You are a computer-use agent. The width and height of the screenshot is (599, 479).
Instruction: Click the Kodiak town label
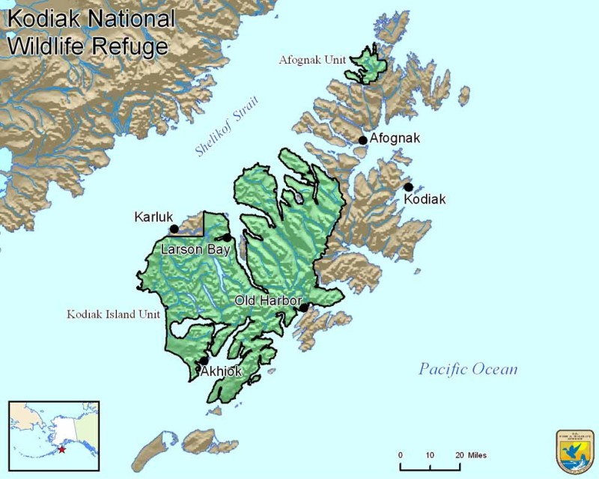click(425, 200)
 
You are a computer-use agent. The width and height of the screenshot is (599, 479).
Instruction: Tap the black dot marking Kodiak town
click(408, 187)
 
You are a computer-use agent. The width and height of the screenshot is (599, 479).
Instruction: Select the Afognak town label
click(395, 138)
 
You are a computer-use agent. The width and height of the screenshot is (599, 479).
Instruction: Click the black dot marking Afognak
click(362, 140)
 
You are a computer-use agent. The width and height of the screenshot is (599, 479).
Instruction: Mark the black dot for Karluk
click(174, 229)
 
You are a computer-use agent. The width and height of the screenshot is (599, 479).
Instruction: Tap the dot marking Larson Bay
click(227, 238)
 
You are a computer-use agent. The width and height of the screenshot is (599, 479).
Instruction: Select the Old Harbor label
click(268, 300)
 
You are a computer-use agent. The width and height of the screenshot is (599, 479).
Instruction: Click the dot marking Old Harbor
click(304, 307)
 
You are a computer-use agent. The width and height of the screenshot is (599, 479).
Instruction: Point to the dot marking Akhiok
click(204, 361)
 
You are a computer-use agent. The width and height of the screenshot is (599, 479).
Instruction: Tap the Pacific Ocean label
click(468, 369)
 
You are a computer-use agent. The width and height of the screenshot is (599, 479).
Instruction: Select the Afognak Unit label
click(311, 58)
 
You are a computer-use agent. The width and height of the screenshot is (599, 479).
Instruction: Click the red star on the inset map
click(62, 450)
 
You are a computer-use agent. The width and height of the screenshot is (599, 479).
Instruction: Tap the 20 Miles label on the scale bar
click(470, 455)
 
